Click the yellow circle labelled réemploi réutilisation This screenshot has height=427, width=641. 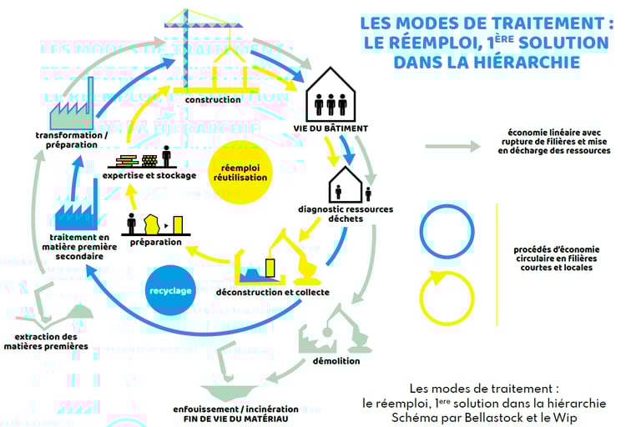(240, 172)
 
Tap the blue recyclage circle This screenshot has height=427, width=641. (170, 291)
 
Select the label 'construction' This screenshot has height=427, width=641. (213, 100)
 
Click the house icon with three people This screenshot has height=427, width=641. (331, 96)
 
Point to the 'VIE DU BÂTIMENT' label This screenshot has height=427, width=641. (331, 128)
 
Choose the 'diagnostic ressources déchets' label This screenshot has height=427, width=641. (346, 213)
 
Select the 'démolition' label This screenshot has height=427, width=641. (337, 361)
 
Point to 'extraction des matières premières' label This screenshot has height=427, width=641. (46, 341)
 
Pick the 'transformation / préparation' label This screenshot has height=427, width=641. (72, 139)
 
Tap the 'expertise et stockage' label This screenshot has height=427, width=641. (149, 175)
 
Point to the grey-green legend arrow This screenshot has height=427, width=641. (452, 147)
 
